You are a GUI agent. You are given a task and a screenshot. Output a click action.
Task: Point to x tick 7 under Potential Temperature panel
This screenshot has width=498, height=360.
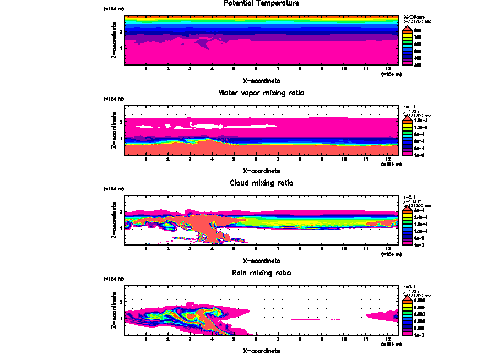pos(278,69)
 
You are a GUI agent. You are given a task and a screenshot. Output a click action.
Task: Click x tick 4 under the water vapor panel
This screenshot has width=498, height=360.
pos(212,160)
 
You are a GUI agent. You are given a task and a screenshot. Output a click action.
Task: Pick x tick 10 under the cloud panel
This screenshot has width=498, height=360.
pos(344,249)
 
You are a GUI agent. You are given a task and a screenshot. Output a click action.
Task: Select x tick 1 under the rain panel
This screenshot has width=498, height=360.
pos(145,339)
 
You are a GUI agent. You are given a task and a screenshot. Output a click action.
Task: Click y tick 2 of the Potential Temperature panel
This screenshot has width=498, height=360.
pos(121,31)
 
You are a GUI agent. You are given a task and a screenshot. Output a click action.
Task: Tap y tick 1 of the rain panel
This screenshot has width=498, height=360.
pos(121,318)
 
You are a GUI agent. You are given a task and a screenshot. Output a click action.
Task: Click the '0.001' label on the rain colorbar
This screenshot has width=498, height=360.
pos(418,327)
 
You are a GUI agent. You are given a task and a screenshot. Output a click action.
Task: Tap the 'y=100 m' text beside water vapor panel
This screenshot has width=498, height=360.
pos(413,111)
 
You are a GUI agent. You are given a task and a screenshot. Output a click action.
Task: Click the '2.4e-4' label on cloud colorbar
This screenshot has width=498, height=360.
pos(418,217)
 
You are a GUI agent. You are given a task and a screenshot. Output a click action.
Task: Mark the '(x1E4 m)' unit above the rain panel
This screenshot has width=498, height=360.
pos(115,280)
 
